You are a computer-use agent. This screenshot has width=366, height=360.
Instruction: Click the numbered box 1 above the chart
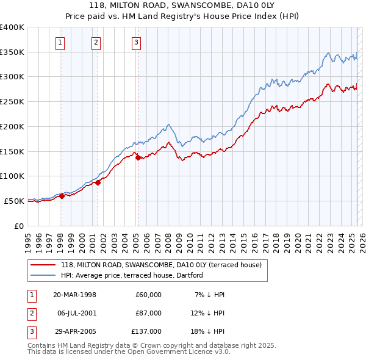pyautogui.click(x=61, y=42)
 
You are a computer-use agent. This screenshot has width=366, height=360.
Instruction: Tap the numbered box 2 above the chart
pyautogui.click(x=96, y=42)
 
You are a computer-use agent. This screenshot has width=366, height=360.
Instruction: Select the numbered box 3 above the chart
pyautogui.click(x=136, y=42)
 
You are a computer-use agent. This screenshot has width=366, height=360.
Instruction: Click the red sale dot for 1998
pyautogui.click(x=62, y=196)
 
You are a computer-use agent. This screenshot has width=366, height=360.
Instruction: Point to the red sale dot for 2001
pyautogui.click(x=98, y=182)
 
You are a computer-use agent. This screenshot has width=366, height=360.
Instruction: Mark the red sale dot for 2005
pyautogui.click(x=138, y=157)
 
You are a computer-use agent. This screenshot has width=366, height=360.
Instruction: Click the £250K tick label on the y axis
pyautogui.click(x=12, y=102)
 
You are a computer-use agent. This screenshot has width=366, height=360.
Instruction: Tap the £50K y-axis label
pyautogui.click(x=14, y=201)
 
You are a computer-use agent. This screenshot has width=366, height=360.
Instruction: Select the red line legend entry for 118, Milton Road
pyautogui.click(x=161, y=265)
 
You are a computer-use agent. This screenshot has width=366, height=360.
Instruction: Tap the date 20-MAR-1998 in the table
pyautogui.click(x=75, y=295)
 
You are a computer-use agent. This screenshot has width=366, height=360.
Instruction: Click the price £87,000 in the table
pyautogui.click(x=148, y=313)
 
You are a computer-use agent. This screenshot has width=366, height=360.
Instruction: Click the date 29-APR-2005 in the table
pyautogui.click(x=75, y=331)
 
